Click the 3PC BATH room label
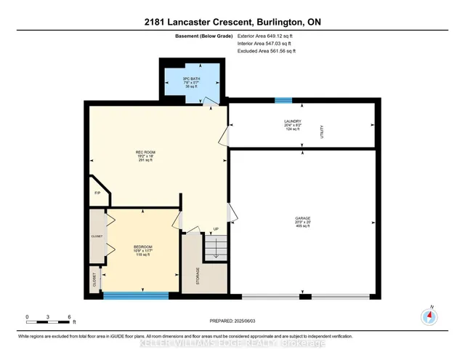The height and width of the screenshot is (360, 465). [x=192, y=76]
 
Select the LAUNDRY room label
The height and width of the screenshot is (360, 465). [x=293, y=121]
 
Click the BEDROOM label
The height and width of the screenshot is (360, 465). [x=142, y=247]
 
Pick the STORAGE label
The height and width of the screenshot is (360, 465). [x=198, y=276]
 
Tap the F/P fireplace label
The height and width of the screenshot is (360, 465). [x=97, y=193]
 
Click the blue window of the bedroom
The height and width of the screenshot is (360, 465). [x=136, y=295]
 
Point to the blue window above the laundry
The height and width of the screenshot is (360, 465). [x=283, y=100]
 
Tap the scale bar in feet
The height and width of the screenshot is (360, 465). [x=48, y=317]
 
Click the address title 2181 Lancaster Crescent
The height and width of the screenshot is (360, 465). [x=232, y=22]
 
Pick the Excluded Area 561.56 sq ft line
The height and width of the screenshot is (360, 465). [x=267, y=51]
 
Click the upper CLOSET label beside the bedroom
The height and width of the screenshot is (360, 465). [x=97, y=236]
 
